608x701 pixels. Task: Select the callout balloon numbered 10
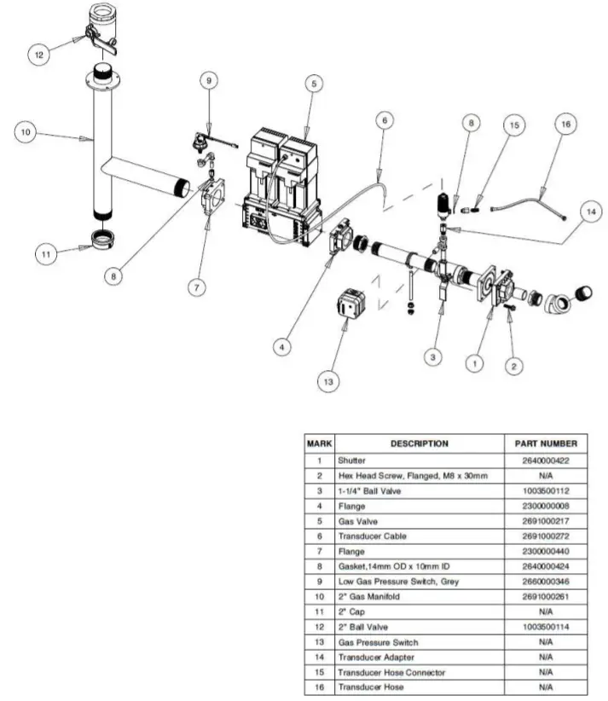26,132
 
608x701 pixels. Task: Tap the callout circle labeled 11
48,252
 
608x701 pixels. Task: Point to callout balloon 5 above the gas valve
314,84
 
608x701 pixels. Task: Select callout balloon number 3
434,356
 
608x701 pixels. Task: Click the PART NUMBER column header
546,443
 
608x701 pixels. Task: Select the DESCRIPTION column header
419,443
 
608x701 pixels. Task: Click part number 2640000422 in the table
546,460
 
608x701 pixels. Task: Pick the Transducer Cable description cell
373,536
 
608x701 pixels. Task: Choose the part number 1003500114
546,627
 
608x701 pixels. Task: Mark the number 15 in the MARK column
319,672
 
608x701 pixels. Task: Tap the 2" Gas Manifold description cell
369,596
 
